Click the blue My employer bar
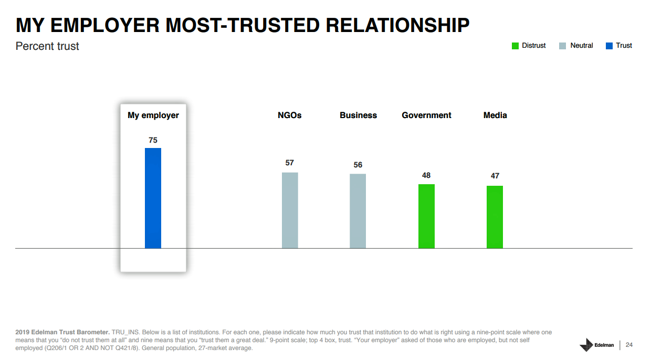pyautogui.click(x=153, y=198)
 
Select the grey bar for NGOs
pyautogui.click(x=290, y=210)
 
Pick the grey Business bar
pyautogui.click(x=358, y=210)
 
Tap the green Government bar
pyautogui.click(x=426, y=216)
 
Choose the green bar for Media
pyautogui.click(x=495, y=217)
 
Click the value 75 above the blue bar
pyautogui.click(x=153, y=140)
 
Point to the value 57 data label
pyautogui.click(x=290, y=163)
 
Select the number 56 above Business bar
pyautogui.click(x=358, y=165)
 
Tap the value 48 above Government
pyautogui.click(x=426, y=175)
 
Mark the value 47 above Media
pyautogui.click(x=495, y=176)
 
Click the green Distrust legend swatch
pyautogui.click(x=515, y=46)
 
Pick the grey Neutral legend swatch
pyautogui.click(x=563, y=46)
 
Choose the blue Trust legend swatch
pyautogui.click(x=609, y=46)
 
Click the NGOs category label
pyautogui.click(x=290, y=115)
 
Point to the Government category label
pyautogui.click(x=426, y=115)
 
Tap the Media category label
pyautogui.click(x=495, y=115)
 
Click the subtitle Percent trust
pyautogui.click(x=47, y=46)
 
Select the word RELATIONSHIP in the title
pyautogui.click(x=397, y=25)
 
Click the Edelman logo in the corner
pyautogui.click(x=596, y=345)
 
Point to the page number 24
pyautogui.click(x=629, y=345)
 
